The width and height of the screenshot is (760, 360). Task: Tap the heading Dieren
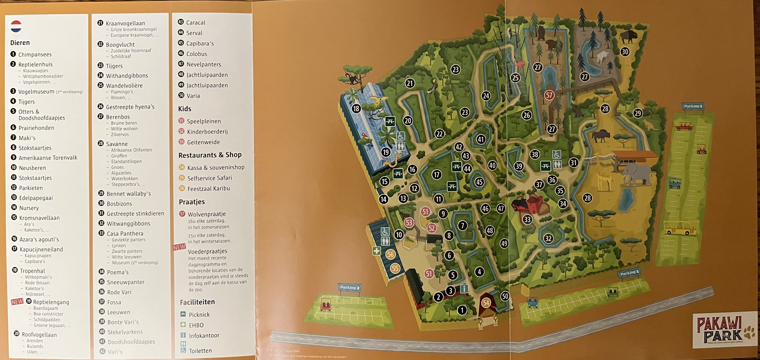point(20,43)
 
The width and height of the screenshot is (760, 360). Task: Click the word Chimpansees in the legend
point(35,55)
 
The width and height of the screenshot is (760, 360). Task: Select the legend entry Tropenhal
point(32,271)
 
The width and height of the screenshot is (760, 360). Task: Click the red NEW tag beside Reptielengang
point(17,302)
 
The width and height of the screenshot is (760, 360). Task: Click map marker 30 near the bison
point(625,52)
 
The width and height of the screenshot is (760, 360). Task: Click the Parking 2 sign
point(349,287)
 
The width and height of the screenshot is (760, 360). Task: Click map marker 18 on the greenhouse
point(356,109)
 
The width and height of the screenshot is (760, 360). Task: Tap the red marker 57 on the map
point(549,95)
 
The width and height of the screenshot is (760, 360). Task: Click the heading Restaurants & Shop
point(210,155)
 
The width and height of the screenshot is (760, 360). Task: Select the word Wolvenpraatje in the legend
point(207,214)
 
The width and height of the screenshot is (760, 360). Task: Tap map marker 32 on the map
point(548,238)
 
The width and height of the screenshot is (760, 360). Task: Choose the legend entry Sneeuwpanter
point(125,282)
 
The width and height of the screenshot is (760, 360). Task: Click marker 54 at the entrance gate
point(486,302)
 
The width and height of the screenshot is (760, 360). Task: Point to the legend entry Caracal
point(196,23)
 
